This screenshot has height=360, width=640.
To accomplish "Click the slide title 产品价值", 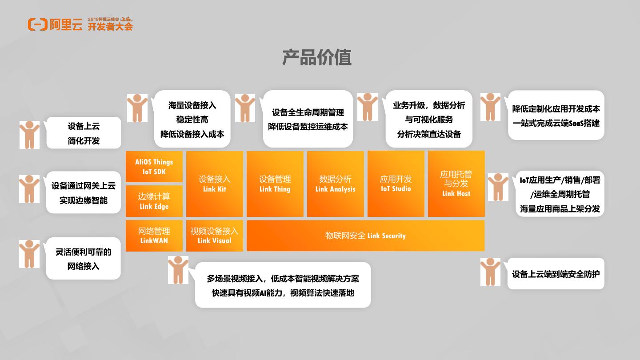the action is pyautogui.click(x=317, y=58).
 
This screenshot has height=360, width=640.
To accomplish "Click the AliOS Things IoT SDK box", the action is pyautogui.click(x=154, y=167).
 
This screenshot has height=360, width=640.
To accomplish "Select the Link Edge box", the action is pyautogui.click(x=154, y=201).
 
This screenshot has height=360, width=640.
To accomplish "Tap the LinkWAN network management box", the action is pyautogui.click(x=154, y=236).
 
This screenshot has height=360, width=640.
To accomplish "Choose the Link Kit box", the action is pyautogui.click(x=214, y=184).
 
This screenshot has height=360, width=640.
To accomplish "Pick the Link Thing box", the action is pyautogui.click(x=275, y=184).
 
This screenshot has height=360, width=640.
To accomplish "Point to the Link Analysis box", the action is pyautogui.click(x=335, y=184).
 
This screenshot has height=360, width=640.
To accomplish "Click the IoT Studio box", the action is pyautogui.click(x=396, y=184).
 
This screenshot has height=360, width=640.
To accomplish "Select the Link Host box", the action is pyautogui.click(x=456, y=184).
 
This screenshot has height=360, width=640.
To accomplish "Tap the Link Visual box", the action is pyautogui.click(x=214, y=236).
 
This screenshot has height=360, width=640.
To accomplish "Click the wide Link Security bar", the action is pyautogui.click(x=365, y=236).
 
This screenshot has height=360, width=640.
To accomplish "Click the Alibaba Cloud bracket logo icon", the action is pyautogui.click(x=37, y=24).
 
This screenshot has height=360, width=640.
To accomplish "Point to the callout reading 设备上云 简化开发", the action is pyautogui.click(x=84, y=133).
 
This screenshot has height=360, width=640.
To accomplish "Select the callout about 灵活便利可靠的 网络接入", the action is pyautogui.click(x=83, y=259).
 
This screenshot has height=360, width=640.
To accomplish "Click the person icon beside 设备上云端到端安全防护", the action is pyautogui.click(x=490, y=272).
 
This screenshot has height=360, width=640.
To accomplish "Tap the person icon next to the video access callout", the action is pyautogui.click(x=178, y=270).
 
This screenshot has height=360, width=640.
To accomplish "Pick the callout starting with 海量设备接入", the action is pyautogui.click(x=192, y=119).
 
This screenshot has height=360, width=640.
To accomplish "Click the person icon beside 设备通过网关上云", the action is pyautogui.click(x=29, y=189).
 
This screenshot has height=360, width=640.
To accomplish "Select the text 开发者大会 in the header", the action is pyautogui.click(x=110, y=27).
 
